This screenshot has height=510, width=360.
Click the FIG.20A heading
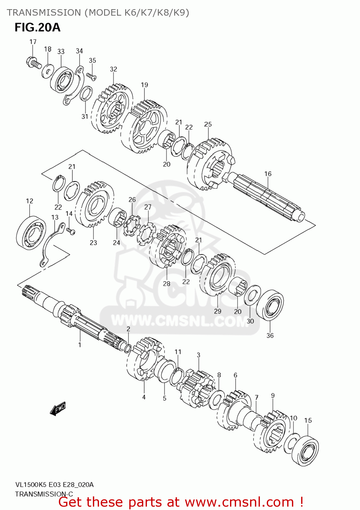click(37, 27)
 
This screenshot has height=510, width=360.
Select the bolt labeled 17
click(33, 63)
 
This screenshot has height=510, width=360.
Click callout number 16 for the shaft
click(268, 174)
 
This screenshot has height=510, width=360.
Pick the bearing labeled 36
click(270, 305)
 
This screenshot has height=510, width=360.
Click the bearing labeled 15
click(305, 451)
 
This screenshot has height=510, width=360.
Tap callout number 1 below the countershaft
click(80, 345)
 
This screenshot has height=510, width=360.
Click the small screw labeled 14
click(71, 231)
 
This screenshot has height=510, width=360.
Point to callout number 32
click(113, 69)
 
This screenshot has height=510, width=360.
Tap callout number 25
click(208, 124)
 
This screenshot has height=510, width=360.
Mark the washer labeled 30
click(252, 295)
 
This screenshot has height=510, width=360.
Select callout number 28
click(166, 284)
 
